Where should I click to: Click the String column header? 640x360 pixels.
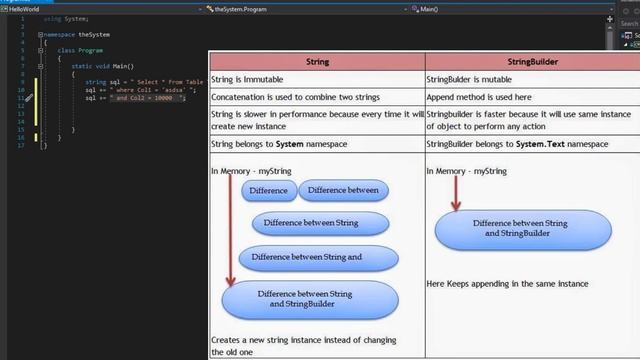pyautogui.click(x=316, y=62)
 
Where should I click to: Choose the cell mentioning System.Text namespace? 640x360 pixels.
pyautogui.click(x=499, y=144)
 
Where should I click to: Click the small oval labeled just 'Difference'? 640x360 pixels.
pyautogui.click(x=267, y=190)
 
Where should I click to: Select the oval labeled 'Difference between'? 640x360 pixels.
pyautogui.click(x=342, y=190)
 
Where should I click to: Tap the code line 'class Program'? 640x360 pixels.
pyautogui.click(x=80, y=49)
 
